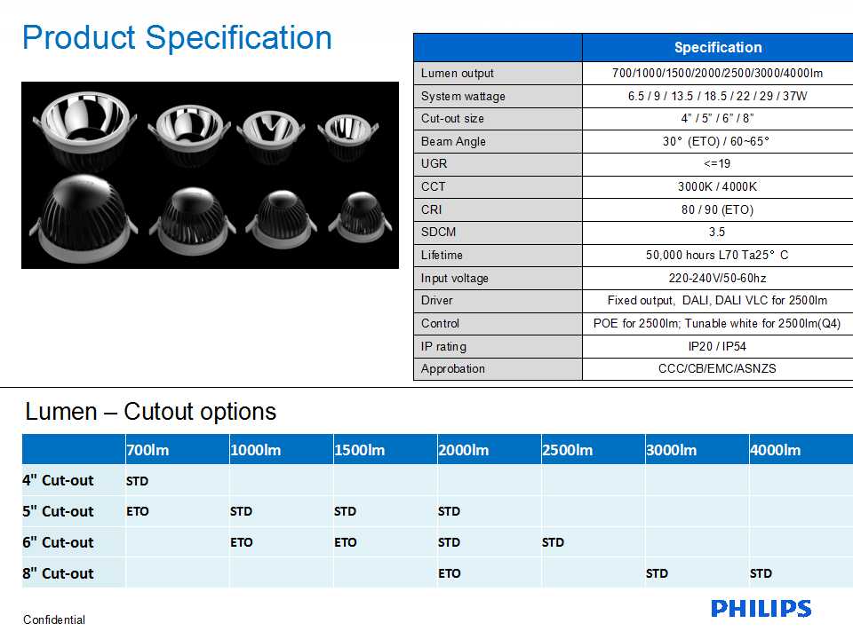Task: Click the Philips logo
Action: [761, 609]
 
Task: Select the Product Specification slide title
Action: [177, 38]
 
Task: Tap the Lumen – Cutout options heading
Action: [151, 411]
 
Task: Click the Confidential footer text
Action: [54, 619]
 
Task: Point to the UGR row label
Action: [434, 163]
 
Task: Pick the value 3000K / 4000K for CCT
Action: [717, 186]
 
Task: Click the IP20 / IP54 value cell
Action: [717, 346]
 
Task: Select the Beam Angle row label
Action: [453, 141]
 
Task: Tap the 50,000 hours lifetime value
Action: [717, 255]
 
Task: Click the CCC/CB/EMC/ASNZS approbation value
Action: [717, 368]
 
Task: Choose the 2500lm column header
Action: [568, 450]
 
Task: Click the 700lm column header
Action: [147, 450]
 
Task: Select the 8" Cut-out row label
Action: [59, 573]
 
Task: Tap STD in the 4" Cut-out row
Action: [137, 481]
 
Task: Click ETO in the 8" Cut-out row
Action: [450, 573]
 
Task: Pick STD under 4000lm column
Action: [761, 573]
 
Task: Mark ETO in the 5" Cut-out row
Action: [138, 511]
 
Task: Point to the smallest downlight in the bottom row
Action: [360, 217]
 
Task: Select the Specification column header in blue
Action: [718, 47]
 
